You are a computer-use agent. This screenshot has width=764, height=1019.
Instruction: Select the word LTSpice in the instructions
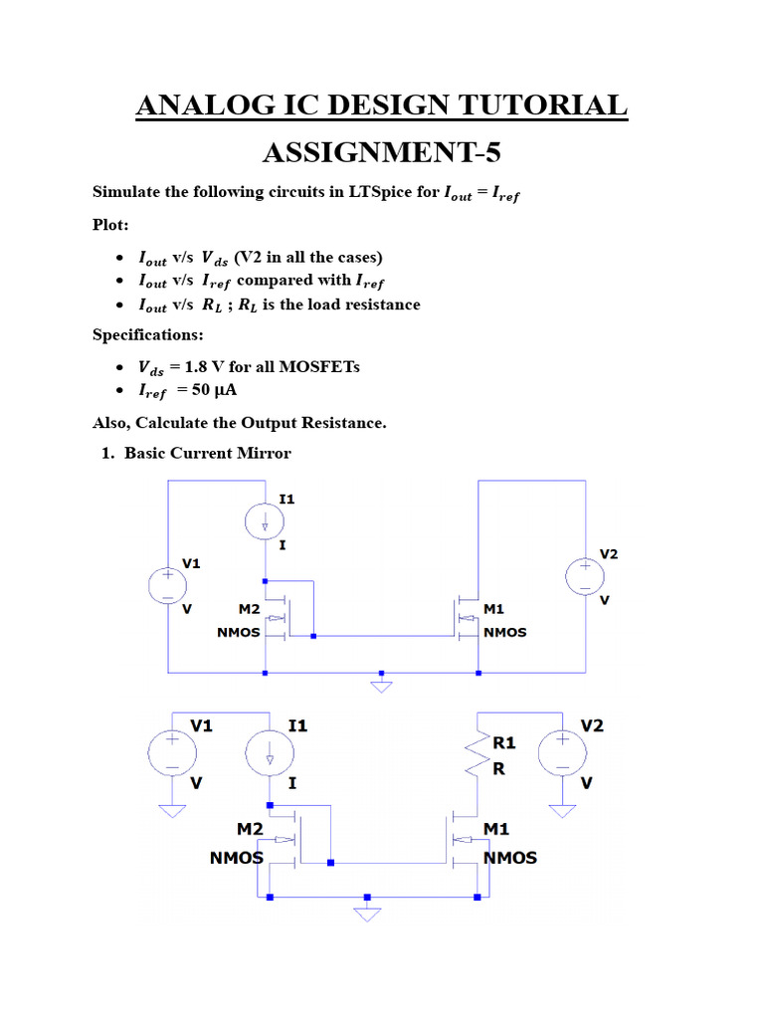click(376, 192)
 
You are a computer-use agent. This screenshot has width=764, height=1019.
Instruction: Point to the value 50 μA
click(208, 390)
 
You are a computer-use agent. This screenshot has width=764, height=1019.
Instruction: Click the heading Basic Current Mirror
click(207, 454)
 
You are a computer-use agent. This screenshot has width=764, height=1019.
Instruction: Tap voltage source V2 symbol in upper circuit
click(584, 576)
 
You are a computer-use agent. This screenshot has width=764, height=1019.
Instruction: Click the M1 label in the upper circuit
click(494, 609)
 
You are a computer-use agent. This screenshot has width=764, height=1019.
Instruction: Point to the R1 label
click(504, 742)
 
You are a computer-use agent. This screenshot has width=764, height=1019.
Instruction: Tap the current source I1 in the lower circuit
click(270, 753)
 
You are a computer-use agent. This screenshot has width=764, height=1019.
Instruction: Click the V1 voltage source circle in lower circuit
click(171, 752)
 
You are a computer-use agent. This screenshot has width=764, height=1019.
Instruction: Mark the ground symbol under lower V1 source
click(171, 810)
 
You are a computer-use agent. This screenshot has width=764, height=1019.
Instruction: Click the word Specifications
click(147, 335)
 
